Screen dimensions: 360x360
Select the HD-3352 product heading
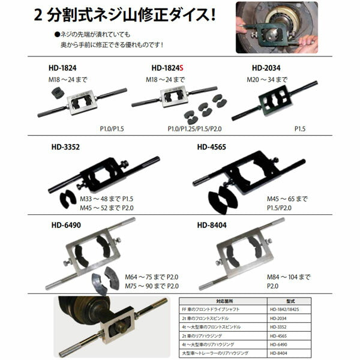68,146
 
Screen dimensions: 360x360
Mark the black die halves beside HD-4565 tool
221,201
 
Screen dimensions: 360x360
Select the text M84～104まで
289,277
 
